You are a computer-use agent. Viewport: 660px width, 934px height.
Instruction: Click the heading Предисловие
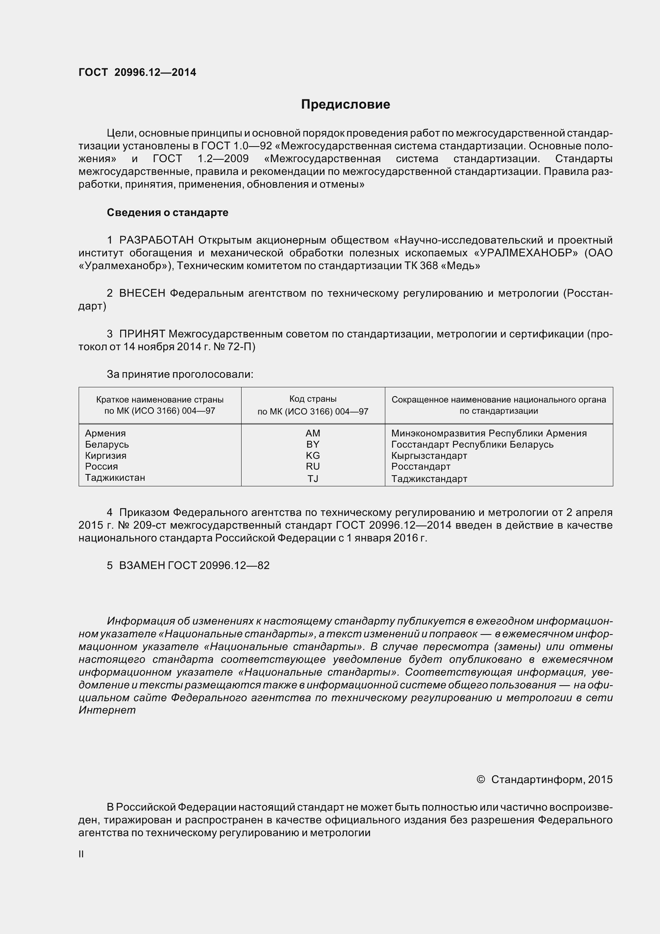coord(345,105)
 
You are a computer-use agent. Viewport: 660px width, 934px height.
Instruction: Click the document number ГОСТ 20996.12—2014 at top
coord(137,72)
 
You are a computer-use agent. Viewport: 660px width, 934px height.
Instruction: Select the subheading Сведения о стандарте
coord(167,212)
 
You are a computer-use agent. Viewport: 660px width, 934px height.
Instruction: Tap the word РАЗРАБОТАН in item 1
coord(157,240)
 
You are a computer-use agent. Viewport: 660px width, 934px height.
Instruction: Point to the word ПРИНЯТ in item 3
coord(142,334)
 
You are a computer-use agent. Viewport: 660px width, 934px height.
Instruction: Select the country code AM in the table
coord(313,433)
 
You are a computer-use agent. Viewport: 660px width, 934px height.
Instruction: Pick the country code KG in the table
coord(313,455)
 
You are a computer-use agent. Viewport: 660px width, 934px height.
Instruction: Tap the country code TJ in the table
coord(313,478)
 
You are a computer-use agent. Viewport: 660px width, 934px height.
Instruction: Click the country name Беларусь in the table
coord(107,444)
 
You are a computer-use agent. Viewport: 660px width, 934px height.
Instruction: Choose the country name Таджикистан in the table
coord(115,478)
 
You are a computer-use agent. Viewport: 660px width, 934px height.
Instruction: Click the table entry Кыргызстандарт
coord(429,456)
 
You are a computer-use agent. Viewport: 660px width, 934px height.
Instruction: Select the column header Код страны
coord(313,399)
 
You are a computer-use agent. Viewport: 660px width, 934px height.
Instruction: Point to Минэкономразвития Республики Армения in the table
coord(489,433)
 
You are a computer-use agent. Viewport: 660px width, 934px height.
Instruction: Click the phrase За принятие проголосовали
coord(180,374)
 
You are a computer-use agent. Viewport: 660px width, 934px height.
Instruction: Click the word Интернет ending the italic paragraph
coord(107,710)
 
